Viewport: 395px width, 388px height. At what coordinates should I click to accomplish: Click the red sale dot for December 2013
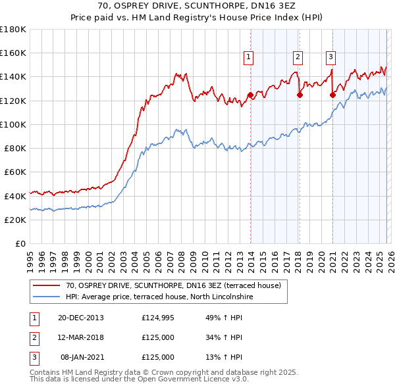pos(250,95)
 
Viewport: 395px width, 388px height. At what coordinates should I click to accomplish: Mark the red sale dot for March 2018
pos(300,95)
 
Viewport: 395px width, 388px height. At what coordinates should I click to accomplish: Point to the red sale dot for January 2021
pos(332,95)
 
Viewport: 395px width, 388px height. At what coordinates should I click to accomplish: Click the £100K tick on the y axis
pos(13,124)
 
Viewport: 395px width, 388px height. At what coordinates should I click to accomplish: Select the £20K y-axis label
pos(15,220)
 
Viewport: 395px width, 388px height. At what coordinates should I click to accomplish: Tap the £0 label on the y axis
pos(20,243)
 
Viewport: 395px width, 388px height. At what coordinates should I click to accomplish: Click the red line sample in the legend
pos(46,285)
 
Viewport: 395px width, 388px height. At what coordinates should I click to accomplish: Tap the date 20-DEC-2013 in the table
pos(81,318)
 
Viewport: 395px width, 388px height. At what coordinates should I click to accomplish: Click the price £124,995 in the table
pos(158,318)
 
